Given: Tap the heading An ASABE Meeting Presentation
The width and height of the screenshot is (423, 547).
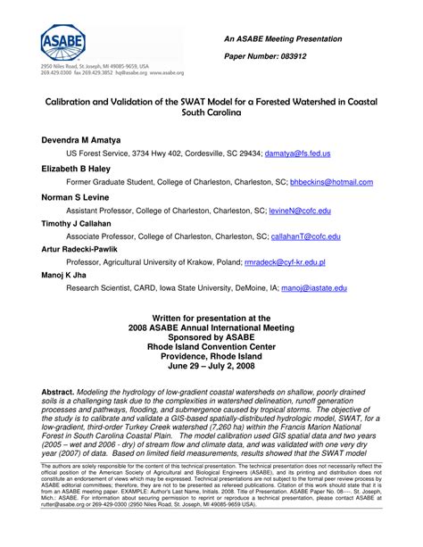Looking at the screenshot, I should (x=282, y=39).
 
